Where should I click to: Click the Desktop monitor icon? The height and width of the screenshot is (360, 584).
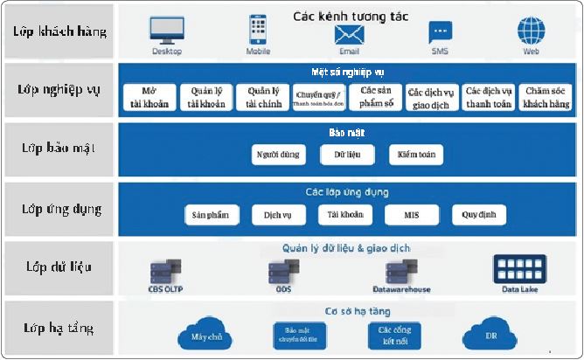(166, 31)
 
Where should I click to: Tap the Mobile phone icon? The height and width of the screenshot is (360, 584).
(258, 30)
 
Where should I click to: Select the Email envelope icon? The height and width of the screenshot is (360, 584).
(348, 33)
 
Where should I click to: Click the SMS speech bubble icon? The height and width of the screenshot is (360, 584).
(440, 32)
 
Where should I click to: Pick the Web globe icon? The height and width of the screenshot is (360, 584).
(531, 31)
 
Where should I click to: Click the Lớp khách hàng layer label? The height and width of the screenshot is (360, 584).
(60, 31)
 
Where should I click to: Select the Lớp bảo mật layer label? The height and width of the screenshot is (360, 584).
(60, 148)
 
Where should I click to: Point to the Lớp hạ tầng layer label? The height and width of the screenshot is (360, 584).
(60, 329)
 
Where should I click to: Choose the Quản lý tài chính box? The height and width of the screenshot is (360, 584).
(263, 97)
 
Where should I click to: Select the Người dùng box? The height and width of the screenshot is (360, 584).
(277, 156)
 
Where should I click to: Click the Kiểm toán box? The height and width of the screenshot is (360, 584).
(416, 156)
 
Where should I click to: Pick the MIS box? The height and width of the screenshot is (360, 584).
(410, 215)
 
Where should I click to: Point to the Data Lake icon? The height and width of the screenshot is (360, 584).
(519, 269)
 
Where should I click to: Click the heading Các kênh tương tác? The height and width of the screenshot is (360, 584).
(350, 14)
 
